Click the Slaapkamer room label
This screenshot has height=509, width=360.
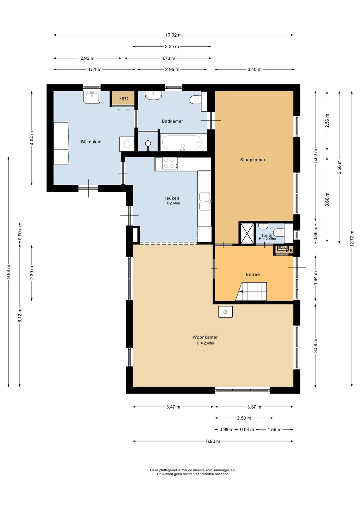(x=253, y=160)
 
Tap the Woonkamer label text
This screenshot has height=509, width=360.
(x=205, y=337)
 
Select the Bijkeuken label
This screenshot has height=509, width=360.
(x=91, y=142)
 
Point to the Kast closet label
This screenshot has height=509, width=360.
(x=123, y=98)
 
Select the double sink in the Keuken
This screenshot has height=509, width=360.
(x=205, y=201)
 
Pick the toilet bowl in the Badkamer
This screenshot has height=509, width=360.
(x=195, y=99)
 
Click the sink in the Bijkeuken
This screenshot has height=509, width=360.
(x=92, y=97)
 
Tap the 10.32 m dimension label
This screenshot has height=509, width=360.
(x=174, y=35)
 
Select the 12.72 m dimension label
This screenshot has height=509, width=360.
(x=352, y=238)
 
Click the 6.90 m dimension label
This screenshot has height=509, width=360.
(x=213, y=441)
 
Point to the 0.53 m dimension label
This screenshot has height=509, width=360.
(x=247, y=430)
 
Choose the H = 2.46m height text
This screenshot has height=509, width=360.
(x=171, y=203)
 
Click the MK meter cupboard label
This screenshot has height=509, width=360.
(x=289, y=250)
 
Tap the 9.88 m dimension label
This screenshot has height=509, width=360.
(x=9, y=272)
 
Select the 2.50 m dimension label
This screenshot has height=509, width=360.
(x=244, y=418)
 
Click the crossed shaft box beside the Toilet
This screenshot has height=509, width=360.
(x=247, y=233)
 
